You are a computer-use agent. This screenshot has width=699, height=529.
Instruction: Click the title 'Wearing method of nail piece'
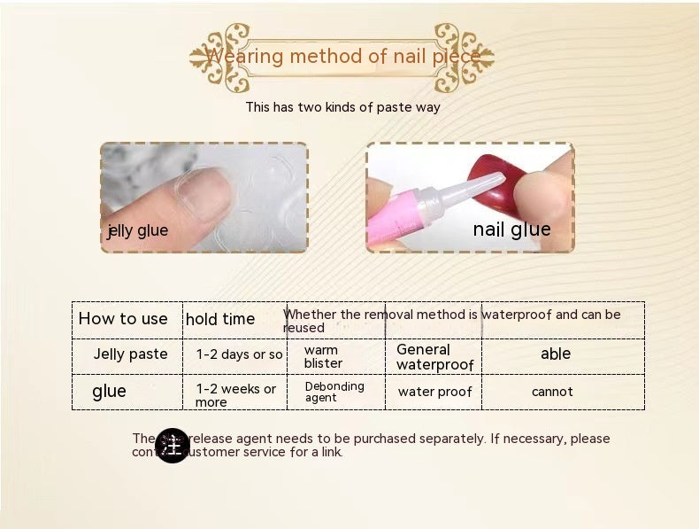(342, 58)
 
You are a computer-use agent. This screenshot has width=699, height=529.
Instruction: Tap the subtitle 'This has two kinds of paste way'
(342, 107)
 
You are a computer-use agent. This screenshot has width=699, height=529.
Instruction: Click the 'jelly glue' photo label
(138, 231)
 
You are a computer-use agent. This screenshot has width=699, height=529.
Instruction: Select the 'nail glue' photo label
(511, 229)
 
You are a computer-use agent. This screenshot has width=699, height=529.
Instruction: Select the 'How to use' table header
(123, 319)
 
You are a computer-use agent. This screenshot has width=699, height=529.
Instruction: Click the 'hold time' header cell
(220, 319)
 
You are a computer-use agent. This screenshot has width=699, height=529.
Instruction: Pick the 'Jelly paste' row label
(131, 354)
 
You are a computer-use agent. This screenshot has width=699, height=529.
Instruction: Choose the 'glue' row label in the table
(109, 392)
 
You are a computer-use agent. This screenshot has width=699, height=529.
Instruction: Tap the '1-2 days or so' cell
(239, 354)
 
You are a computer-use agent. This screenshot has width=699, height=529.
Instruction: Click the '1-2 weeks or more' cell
(236, 395)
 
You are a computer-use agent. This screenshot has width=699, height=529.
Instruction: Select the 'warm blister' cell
(323, 356)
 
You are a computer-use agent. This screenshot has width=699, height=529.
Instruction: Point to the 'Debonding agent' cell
(334, 392)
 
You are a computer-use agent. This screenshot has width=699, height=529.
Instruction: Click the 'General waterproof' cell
(434, 357)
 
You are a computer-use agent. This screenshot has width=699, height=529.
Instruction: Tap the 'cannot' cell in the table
(552, 392)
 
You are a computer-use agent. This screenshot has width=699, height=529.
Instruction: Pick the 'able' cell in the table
(556, 354)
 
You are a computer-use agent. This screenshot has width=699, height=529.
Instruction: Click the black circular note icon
(172, 445)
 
